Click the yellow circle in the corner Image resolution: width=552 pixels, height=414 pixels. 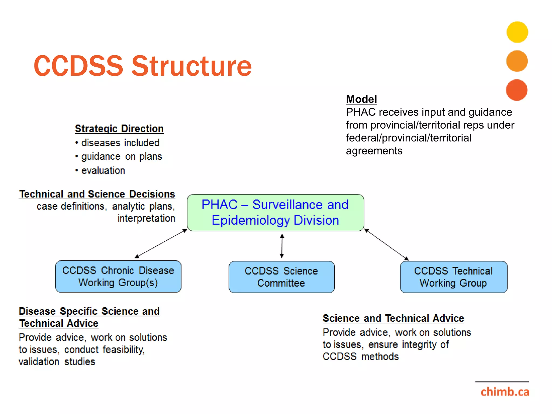pyautogui.click(x=517, y=32)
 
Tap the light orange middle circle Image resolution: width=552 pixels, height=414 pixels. pyautogui.click(x=517, y=61)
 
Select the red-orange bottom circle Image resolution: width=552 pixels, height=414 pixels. pyautogui.click(x=516, y=90)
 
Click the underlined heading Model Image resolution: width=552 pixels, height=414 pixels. pyautogui.click(x=361, y=99)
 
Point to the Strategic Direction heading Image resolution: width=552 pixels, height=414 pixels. pyautogui.click(x=119, y=129)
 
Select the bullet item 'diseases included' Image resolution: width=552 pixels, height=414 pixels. pyautogui.click(x=120, y=143)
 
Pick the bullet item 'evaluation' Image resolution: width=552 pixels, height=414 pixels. pyautogui.click(x=103, y=170)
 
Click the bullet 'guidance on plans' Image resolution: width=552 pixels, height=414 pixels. pyautogui.click(x=121, y=156)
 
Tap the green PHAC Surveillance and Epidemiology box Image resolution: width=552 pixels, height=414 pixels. pyautogui.click(x=275, y=212)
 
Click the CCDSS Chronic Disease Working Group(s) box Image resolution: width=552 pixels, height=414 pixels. pyautogui.click(x=118, y=277)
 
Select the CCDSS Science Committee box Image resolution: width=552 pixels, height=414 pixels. pyautogui.click(x=281, y=277)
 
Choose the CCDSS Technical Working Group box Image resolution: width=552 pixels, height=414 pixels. pyautogui.click(x=453, y=277)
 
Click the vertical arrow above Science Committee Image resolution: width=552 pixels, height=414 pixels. pyautogui.click(x=282, y=246)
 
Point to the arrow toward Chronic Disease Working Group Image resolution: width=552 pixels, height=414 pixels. pyautogui.click(x=161, y=244)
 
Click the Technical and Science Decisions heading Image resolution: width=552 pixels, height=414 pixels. pyautogui.click(x=97, y=194)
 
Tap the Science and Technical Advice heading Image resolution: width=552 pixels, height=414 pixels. pyautogui.click(x=393, y=318)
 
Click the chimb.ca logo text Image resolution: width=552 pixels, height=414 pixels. pyautogui.click(x=505, y=392)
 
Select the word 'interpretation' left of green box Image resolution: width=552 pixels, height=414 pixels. pyautogui.click(x=146, y=218)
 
